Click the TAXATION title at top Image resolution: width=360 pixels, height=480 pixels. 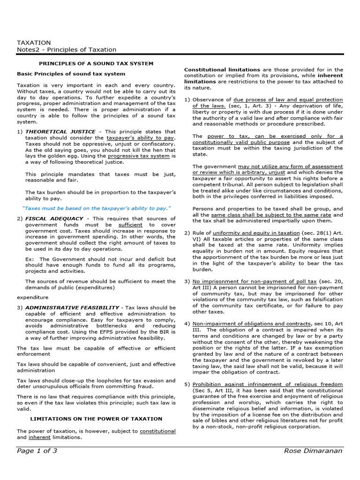pos(34,42)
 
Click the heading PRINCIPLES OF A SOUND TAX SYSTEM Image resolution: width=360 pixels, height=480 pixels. pos(96,63)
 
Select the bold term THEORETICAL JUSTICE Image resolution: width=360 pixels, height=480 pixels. pos(60,132)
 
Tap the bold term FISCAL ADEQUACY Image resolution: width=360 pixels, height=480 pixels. pos(54,218)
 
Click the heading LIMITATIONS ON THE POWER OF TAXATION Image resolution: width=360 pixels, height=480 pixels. pos(96,419)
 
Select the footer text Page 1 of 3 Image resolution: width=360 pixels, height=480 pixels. pos(37,451)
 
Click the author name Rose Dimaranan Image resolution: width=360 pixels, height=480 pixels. pos(314,451)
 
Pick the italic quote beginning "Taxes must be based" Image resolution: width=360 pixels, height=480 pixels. pos(97,208)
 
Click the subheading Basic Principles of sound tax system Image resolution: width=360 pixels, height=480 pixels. pos(71,74)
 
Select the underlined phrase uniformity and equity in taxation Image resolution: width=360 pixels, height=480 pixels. pos(256,232)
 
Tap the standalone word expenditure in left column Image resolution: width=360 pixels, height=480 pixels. pos(32,297)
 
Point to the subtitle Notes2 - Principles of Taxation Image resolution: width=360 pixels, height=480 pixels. pos(67,50)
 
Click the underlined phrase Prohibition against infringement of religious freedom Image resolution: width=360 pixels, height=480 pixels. pos(268,384)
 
